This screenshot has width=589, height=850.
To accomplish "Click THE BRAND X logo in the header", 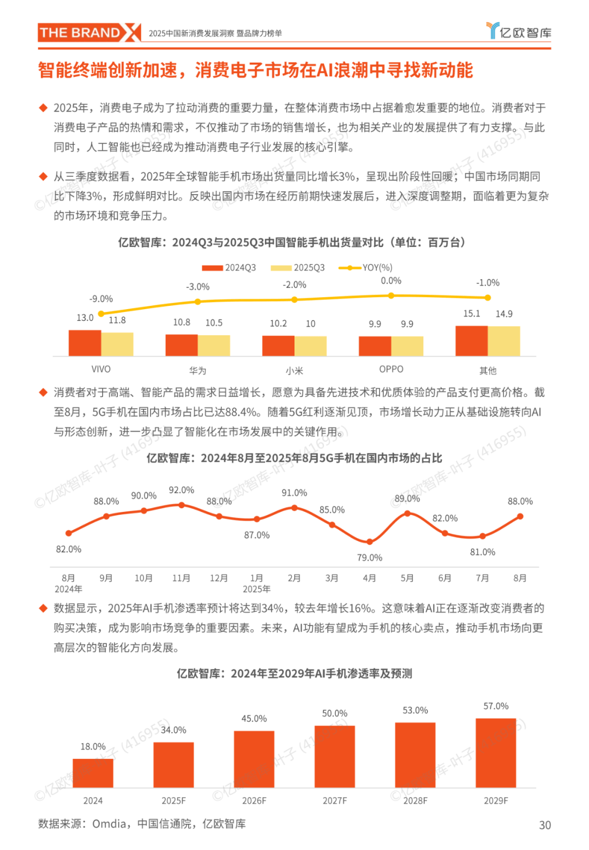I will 89,33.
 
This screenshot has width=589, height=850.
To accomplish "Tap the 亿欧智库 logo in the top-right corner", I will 518,32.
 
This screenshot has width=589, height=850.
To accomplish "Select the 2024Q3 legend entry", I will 229,268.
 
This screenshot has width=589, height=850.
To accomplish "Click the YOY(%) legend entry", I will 365,268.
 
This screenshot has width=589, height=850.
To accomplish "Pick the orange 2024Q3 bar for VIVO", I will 85,343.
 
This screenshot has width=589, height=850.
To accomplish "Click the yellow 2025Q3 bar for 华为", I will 214,345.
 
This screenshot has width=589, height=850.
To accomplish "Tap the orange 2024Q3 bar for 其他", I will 471,341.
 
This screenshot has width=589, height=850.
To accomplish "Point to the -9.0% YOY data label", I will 101,299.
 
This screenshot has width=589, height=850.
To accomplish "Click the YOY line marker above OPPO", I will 391,296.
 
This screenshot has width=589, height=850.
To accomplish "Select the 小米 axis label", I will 294,371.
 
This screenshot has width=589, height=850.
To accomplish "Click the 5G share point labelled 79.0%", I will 370,542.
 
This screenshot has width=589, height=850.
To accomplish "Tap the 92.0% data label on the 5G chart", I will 182,490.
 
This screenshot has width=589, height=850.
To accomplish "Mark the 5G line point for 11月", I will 182,505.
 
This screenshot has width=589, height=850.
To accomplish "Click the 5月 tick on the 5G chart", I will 407,578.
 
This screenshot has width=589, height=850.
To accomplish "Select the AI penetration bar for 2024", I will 93,773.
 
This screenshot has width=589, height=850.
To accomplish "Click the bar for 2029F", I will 496,753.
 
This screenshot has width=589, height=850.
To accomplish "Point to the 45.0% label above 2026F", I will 254,719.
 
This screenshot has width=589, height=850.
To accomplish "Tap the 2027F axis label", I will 335,800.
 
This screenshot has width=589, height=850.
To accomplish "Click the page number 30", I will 545,825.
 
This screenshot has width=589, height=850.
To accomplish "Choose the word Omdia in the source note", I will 110,824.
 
